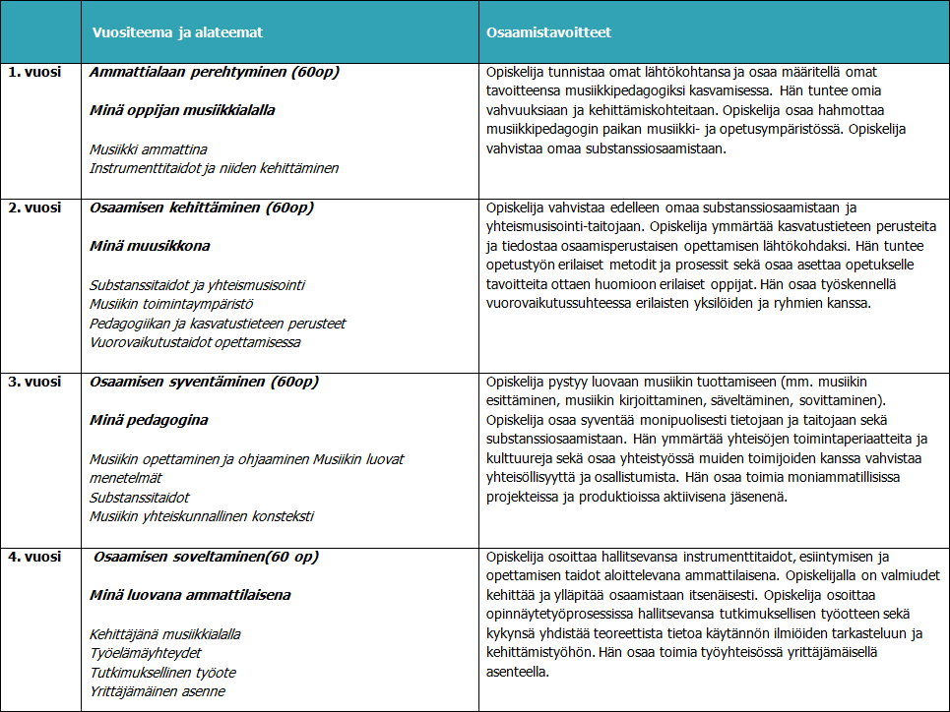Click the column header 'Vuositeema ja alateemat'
point(177,32)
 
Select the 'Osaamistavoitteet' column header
point(549,32)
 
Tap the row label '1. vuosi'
point(35,73)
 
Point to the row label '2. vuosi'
point(35,208)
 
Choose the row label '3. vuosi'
point(35,382)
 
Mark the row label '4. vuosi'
point(35,557)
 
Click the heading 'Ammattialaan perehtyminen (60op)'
point(215,73)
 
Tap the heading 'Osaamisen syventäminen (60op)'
point(204,382)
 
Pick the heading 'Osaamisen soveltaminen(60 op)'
point(206,557)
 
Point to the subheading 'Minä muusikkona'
point(150,246)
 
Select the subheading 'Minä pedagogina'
point(149,420)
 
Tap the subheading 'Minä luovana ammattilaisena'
point(190,595)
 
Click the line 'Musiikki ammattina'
point(149,149)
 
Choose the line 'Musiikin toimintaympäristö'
point(171,304)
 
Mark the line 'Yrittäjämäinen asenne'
point(158,691)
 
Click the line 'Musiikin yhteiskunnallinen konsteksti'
point(202,516)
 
